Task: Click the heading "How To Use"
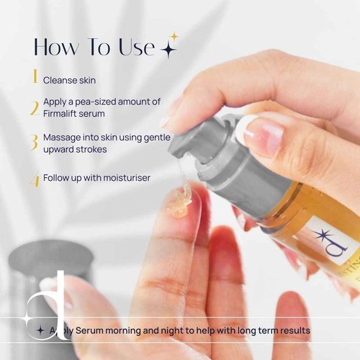(94, 47)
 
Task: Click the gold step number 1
(33, 76)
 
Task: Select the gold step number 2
(33, 108)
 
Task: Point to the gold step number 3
(33, 142)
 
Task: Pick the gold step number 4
(34, 178)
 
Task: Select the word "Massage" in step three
(63, 136)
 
